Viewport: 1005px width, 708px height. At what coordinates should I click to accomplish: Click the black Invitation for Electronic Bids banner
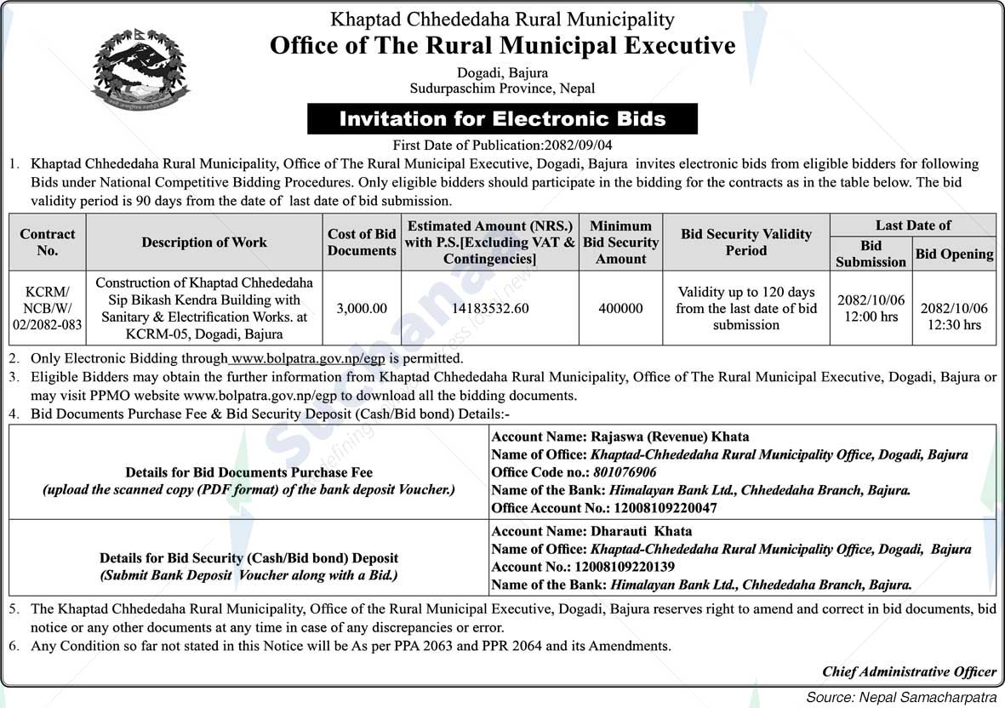(502, 119)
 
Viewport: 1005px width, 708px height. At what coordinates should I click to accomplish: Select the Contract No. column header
(48, 243)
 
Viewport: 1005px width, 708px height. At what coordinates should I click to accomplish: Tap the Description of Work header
(204, 243)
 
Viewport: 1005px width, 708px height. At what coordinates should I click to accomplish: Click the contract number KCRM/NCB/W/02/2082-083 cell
(48, 308)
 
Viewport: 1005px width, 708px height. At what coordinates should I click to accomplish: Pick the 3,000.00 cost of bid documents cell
(362, 308)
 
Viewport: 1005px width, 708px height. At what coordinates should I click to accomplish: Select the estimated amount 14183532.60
(490, 308)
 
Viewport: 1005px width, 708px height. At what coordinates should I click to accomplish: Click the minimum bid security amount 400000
(620, 308)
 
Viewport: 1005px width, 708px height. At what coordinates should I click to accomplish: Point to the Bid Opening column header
(954, 254)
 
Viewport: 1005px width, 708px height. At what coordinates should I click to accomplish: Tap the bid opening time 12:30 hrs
(954, 324)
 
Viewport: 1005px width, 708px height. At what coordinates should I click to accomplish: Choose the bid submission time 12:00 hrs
(871, 317)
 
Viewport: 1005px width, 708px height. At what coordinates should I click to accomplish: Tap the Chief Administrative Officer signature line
(908, 671)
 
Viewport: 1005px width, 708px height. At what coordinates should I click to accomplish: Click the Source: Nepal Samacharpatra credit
(901, 697)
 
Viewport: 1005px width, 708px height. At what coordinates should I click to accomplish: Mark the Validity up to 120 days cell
(746, 308)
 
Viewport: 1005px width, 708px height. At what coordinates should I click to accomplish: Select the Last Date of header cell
(912, 225)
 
